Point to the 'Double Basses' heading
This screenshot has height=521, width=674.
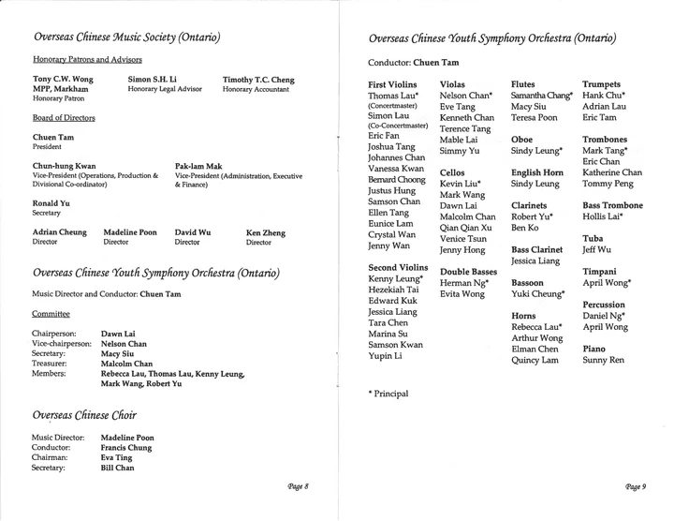(468, 271)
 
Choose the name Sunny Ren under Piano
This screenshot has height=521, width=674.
(604, 359)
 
